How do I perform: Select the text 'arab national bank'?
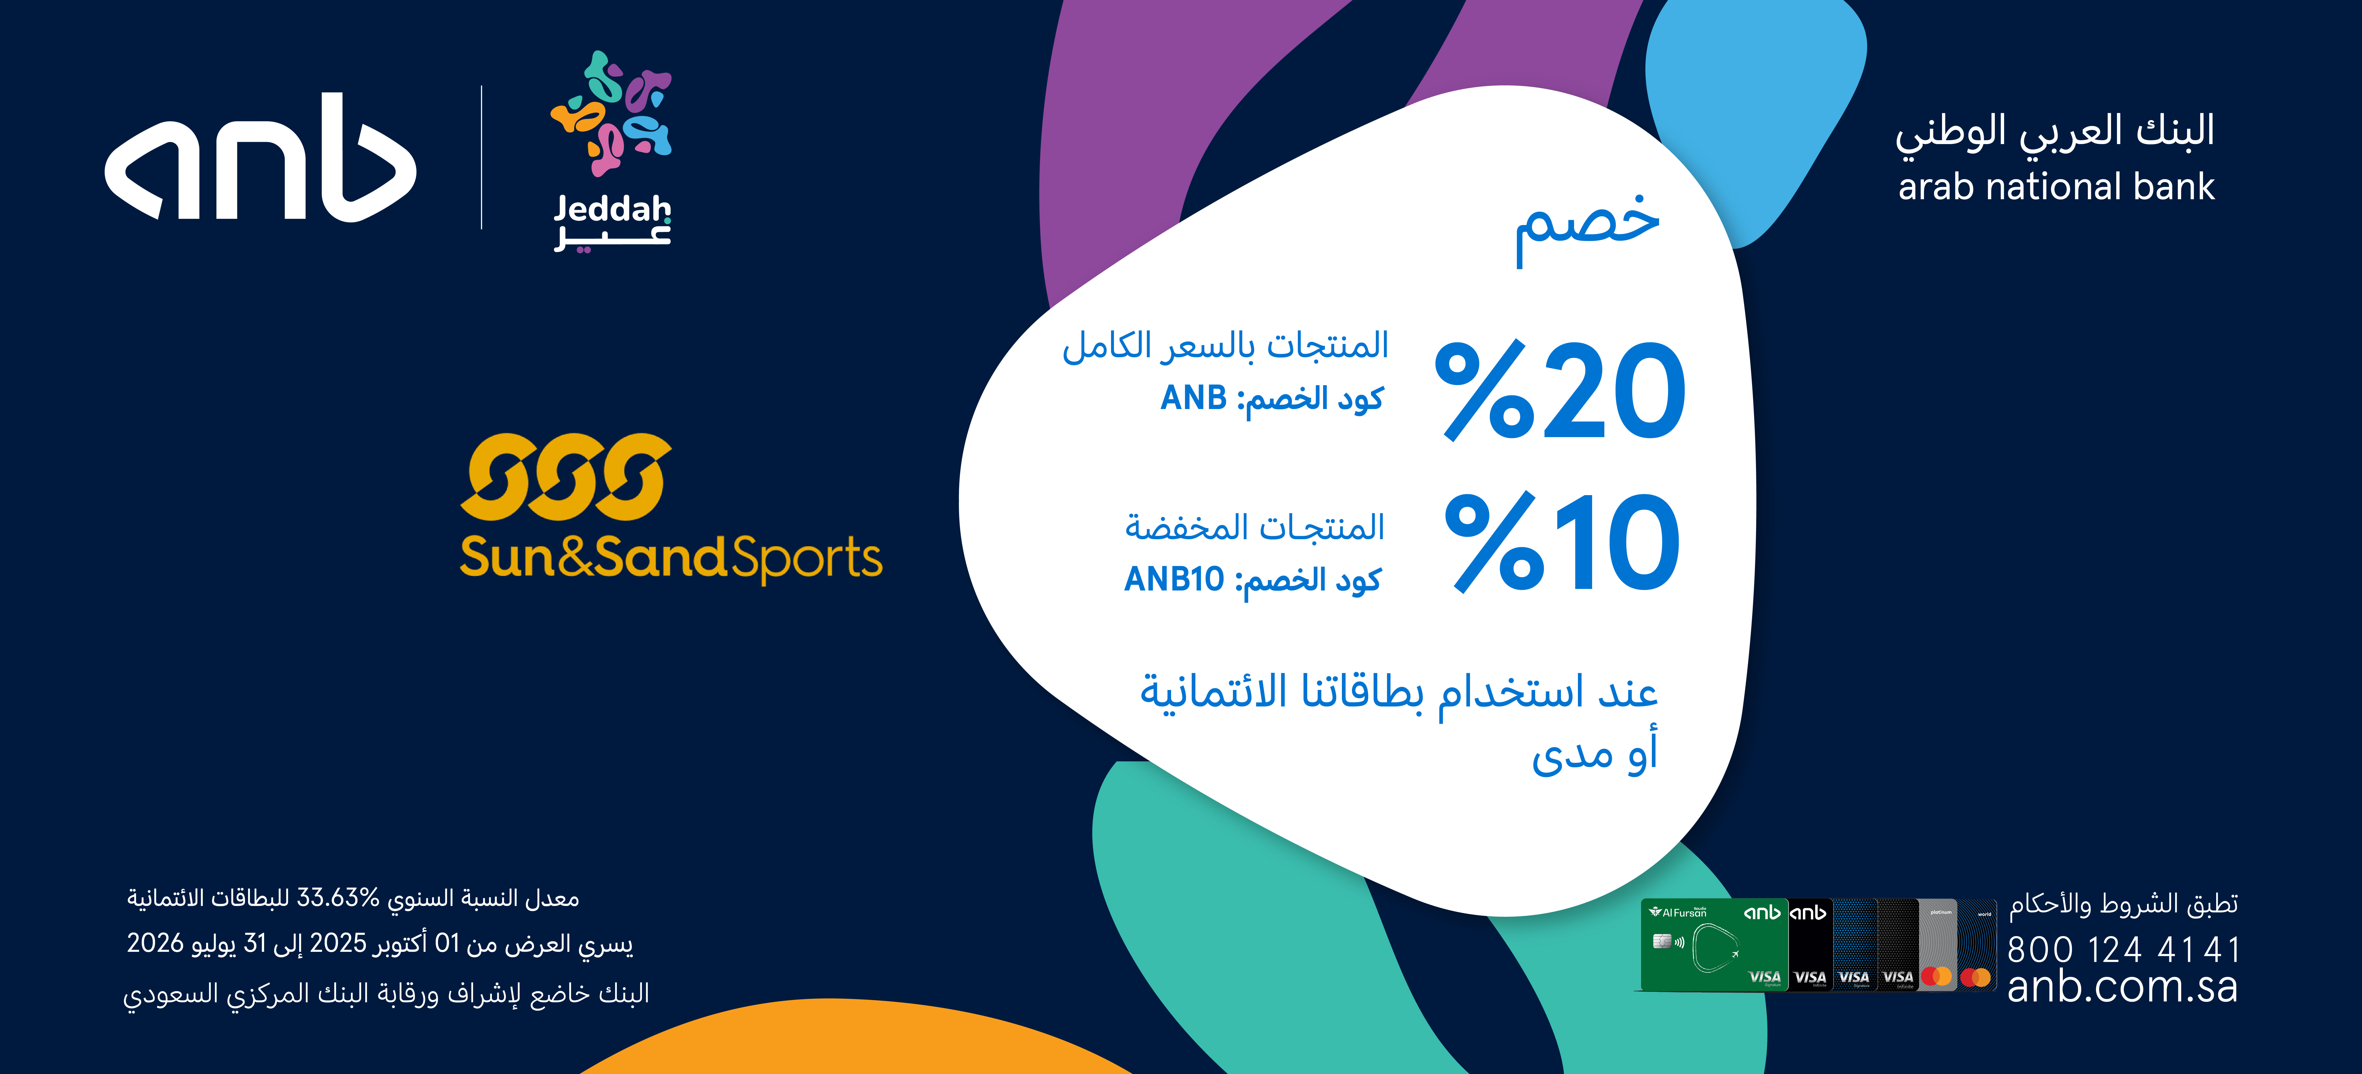tap(2056, 187)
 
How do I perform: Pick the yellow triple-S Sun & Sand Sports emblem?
tap(566, 477)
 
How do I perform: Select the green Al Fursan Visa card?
tap(1713, 945)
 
